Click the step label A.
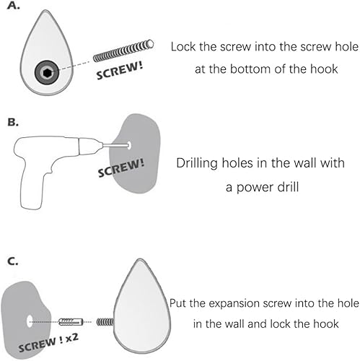14,6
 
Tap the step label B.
13,122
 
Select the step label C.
13,261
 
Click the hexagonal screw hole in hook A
47,72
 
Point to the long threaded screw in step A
123,51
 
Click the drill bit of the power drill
115,145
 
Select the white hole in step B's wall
129,145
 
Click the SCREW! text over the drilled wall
121,168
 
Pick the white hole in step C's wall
30,321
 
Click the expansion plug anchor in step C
71,321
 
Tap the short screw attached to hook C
105,322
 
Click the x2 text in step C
71,338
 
